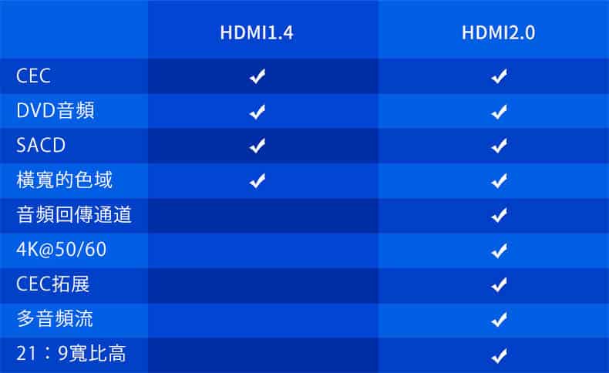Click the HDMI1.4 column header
point(257,32)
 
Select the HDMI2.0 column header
point(498,32)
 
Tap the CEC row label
point(33,76)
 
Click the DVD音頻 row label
point(56,110)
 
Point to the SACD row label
point(41,145)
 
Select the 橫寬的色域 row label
point(65,180)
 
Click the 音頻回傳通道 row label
point(74,215)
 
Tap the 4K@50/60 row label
point(62,249)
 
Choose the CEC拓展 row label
point(53,284)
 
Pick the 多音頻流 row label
point(55,318)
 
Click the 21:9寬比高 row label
point(71,354)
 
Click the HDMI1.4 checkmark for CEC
point(257,76)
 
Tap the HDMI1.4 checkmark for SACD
point(257,146)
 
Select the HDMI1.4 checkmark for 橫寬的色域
point(257,180)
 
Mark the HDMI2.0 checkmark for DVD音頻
point(499,112)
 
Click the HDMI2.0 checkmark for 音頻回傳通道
point(499,215)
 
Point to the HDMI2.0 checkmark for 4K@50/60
point(499,250)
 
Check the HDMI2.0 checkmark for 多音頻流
point(499,319)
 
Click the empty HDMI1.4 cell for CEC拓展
point(263,285)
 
